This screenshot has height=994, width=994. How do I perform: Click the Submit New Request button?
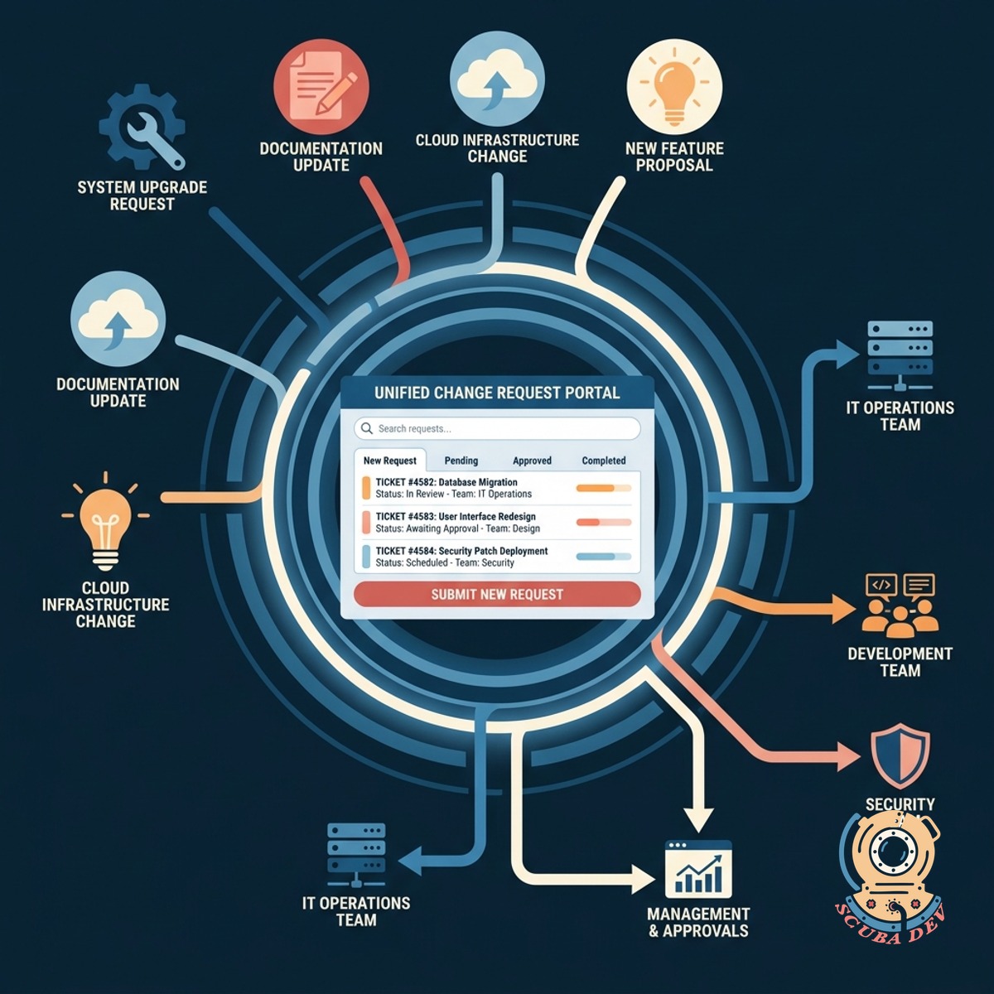point(497,594)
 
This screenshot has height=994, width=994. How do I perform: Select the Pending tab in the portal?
point(461,460)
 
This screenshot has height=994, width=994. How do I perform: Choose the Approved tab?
point(532,460)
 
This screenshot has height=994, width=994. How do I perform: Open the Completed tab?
point(604,460)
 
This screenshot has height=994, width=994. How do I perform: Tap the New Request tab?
point(390,460)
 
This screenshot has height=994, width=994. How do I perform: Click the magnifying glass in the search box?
point(367,428)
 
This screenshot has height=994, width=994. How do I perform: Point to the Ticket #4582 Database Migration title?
point(446,482)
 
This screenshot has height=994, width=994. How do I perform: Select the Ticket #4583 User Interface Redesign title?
point(456,516)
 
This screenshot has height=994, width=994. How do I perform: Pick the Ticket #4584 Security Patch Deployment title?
point(461,551)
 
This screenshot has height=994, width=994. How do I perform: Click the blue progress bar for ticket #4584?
point(603,557)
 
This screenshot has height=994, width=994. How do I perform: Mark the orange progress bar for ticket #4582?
point(603,488)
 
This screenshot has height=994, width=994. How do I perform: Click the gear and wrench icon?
point(142,127)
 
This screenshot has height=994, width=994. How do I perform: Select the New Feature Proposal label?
point(674,157)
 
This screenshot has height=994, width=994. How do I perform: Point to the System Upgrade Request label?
point(142,195)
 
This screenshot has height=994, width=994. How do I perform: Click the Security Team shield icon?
point(900,754)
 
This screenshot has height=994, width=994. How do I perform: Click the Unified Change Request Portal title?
point(497,393)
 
